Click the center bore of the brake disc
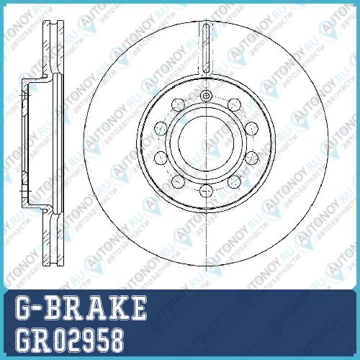[x=206, y=143]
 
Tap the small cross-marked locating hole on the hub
[x=206, y=96]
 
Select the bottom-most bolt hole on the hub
[x=206, y=191]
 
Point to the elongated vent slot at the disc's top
[x=206, y=48]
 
